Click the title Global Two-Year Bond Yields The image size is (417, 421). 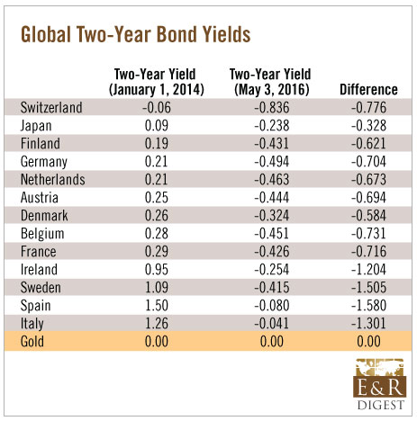tap(135, 34)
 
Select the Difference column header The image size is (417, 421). tap(368, 90)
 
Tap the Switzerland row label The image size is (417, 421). tap(51, 108)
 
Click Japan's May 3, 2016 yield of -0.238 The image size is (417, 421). tap(272, 126)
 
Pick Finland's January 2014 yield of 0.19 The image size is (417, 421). tap(157, 144)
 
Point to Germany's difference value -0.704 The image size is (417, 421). tap(368, 162)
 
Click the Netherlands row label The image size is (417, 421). tap(53, 180)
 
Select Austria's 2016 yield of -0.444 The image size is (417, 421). tap(272, 198)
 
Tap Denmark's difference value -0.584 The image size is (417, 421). tap(368, 216)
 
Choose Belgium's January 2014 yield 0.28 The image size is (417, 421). tap(157, 234)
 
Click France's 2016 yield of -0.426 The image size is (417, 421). tap(272, 252)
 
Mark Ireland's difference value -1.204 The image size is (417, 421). tap(368, 270)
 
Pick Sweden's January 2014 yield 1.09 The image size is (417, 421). tap(157, 288)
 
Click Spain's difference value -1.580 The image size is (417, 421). tap(368, 306)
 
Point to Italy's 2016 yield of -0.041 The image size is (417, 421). tap(272, 324)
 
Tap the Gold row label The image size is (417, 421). tap(32, 342)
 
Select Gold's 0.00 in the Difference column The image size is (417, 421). tap(368, 342)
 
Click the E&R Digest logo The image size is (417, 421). tap(380, 384)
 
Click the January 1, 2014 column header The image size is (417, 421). tap(157, 82)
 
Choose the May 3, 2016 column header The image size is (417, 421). tap(270, 82)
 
